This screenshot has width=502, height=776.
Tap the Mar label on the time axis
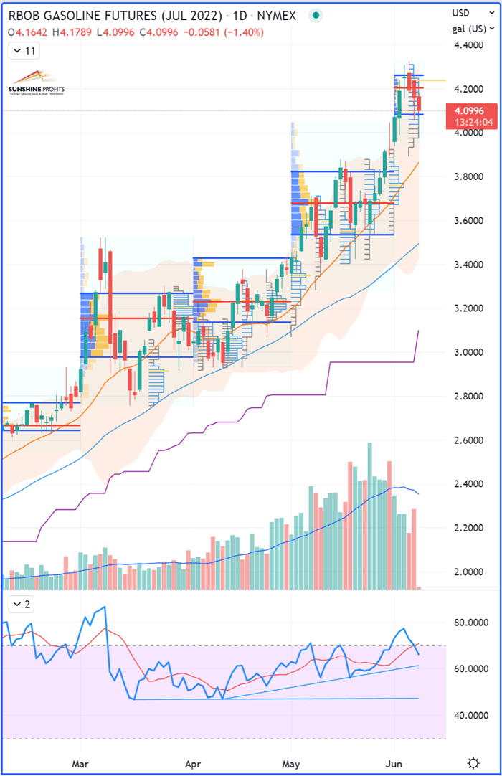click(81, 762)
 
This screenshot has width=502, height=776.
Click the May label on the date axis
click(291, 762)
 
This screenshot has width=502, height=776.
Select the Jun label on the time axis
click(395, 762)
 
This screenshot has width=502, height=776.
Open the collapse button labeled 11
click(24, 51)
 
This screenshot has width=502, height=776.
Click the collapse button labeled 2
click(21, 604)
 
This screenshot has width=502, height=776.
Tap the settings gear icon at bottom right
click(473, 762)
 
